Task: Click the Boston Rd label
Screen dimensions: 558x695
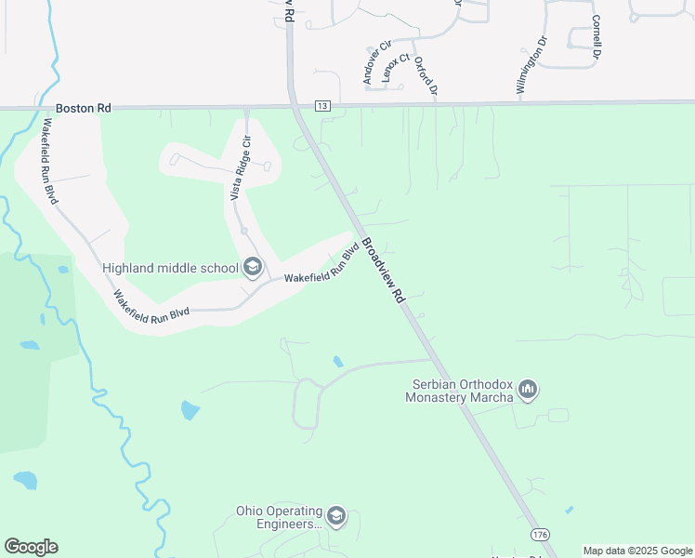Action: coord(83,109)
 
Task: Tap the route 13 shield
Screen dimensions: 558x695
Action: coord(322,107)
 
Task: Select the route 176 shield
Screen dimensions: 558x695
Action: coord(539,535)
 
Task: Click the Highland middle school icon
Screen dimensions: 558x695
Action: coord(252,268)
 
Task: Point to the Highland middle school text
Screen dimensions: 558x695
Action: coord(170,269)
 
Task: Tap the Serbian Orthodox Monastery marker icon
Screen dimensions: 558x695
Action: coord(528,388)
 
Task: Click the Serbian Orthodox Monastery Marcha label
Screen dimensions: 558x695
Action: coord(459,392)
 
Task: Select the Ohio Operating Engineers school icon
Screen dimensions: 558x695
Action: coord(335,516)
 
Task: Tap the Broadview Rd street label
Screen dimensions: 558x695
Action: coord(383,271)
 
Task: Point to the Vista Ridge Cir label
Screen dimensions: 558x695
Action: coord(241,168)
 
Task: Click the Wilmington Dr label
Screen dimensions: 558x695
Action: coord(531,65)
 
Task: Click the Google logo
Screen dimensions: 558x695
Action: coord(31,547)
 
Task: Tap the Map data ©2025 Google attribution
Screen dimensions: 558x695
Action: coord(638,551)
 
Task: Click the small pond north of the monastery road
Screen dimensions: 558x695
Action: coord(337,361)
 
